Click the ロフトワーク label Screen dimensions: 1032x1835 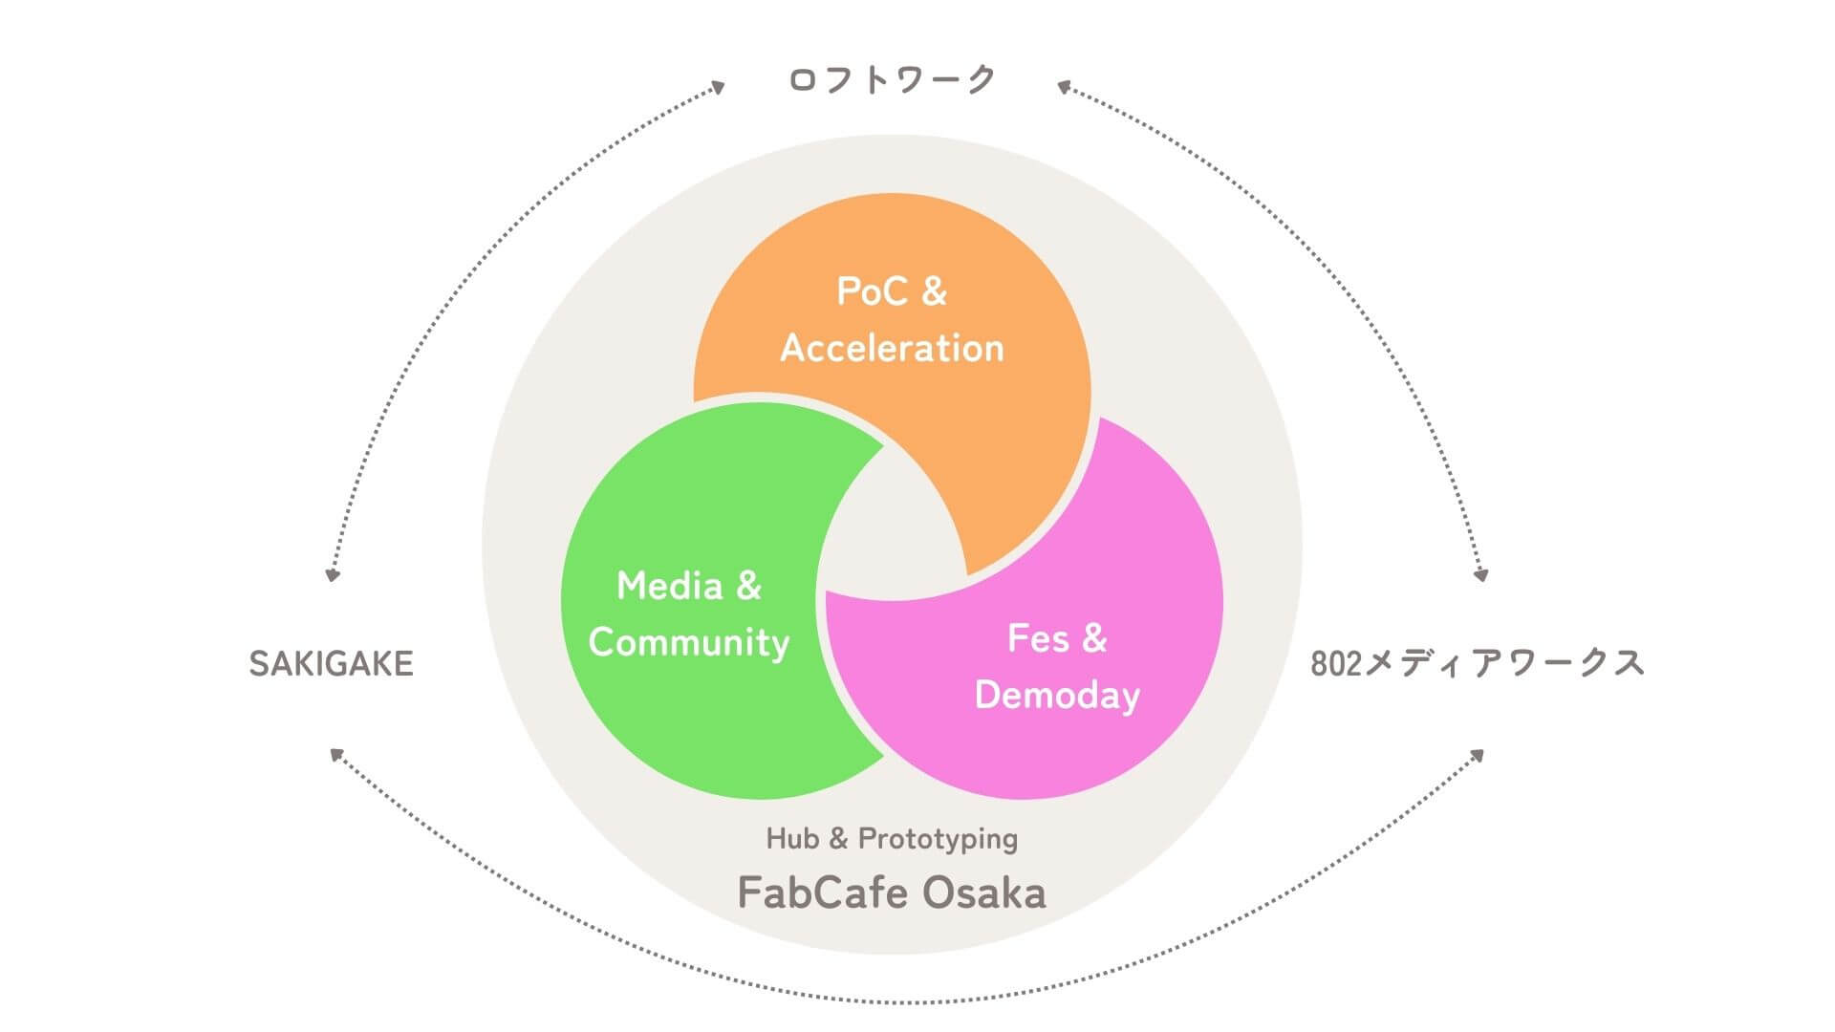coord(892,79)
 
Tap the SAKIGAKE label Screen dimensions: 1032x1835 coord(331,663)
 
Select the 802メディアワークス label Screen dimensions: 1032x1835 coord(1477,663)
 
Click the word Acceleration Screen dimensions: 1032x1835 coord(892,348)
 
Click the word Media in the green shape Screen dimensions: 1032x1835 coord(669,586)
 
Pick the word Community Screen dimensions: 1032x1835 coord(689,642)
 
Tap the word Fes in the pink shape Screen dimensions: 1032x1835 coord(1038,638)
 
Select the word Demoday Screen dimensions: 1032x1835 coord(1057,695)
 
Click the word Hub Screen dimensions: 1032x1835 coord(792,839)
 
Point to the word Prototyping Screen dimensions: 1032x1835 coord(938,840)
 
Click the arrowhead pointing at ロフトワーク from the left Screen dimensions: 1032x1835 coord(718,87)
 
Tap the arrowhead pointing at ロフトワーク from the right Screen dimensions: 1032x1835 coord(1063,87)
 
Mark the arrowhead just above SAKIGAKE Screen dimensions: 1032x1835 coord(333,575)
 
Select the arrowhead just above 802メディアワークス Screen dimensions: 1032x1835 coord(1481,575)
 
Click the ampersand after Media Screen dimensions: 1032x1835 coord(747,586)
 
